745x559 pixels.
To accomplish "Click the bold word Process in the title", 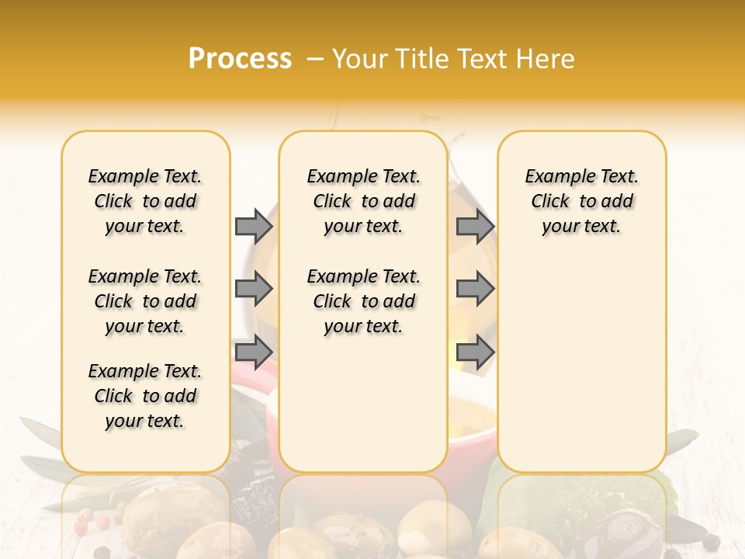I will (x=240, y=59).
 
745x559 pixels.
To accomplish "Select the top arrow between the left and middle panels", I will (x=254, y=226).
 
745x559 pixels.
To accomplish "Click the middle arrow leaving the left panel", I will (x=254, y=289).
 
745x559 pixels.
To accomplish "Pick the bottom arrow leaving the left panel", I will (x=254, y=352).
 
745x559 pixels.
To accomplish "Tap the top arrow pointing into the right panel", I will (x=475, y=226).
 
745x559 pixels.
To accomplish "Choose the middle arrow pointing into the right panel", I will (x=475, y=289).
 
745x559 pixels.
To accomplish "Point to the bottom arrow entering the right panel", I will (x=475, y=352).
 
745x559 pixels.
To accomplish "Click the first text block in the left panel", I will (x=145, y=201).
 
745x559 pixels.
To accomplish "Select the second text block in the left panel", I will (x=145, y=301).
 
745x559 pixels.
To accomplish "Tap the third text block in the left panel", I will (x=145, y=396).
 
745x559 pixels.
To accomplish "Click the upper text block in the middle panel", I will (x=363, y=201).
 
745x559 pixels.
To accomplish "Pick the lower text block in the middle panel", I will (x=363, y=301).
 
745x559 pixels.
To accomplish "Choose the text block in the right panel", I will (x=581, y=201).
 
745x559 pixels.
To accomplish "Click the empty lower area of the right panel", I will (x=581, y=365).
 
